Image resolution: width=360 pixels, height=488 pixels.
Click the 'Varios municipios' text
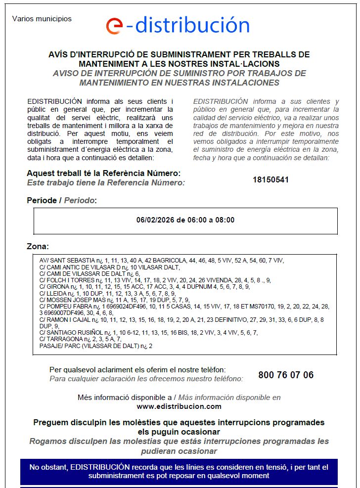point(42,19)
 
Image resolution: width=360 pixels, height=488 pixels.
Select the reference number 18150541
point(270,179)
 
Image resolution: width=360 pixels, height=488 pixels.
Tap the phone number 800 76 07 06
point(286,375)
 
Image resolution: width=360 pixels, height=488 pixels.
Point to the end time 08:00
point(225,220)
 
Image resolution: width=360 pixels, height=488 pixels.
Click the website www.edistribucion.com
point(179,406)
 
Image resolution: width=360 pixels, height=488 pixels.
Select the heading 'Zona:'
point(38,246)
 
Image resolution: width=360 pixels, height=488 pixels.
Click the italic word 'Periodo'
point(80,200)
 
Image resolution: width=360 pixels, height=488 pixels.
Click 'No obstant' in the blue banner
point(48,467)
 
